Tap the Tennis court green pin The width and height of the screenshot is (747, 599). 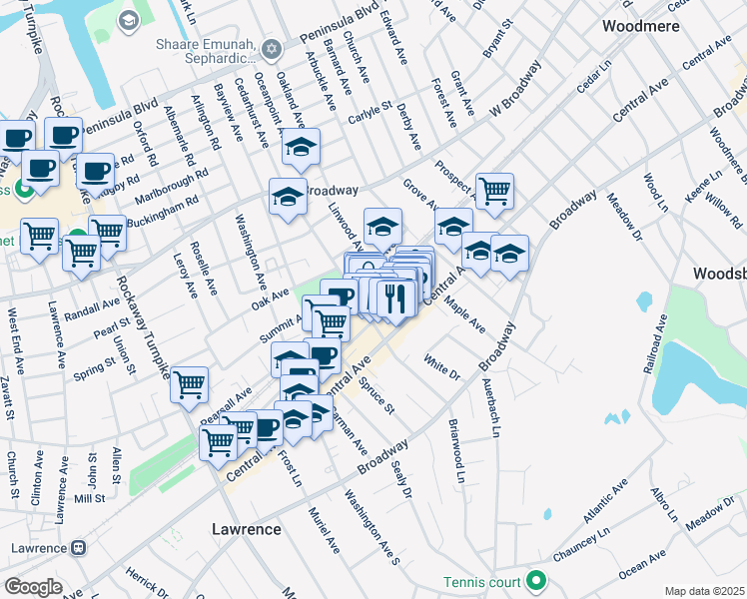pyautogui.click(x=537, y=580)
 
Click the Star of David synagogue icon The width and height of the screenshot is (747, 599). pyautogui.click(x=270, y=50)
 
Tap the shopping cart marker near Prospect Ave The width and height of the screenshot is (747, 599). pyautogui.click(x=494, y=190)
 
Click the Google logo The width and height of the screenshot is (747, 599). pyautogui.click(x=33, y=587)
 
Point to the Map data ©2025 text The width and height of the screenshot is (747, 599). pyautogui.click(x=704, y=591)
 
